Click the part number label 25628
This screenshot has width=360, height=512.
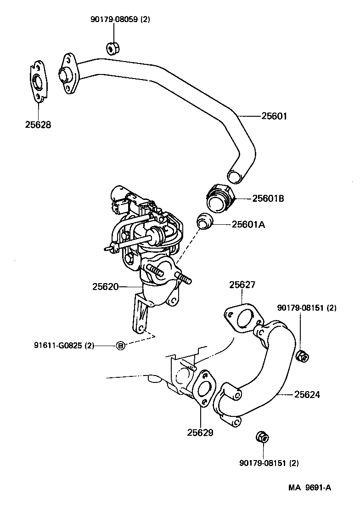[38, 125]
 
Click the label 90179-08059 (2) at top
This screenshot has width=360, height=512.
[120, 19]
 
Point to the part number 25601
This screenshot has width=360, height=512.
[274, 116]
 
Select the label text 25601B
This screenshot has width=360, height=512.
[268, 199]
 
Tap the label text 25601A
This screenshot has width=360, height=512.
[248, 224]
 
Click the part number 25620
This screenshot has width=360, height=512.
[106, 286]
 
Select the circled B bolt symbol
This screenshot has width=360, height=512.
[120, 345]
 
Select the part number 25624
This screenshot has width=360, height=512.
[307, 394]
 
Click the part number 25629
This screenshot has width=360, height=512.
[200, 432]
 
